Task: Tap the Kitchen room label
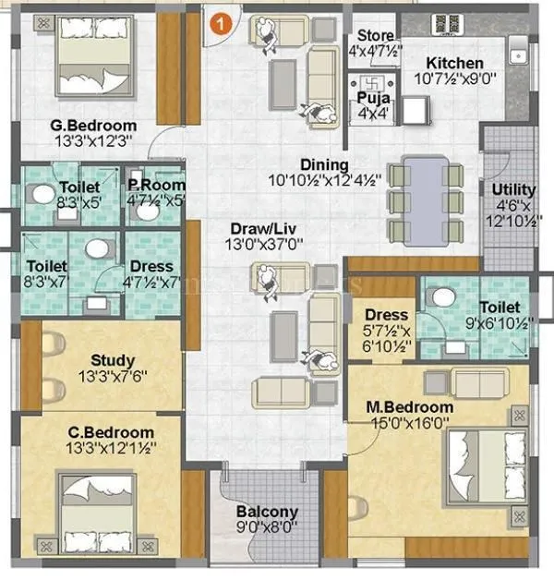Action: click(x=453, y=63)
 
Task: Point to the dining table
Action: click(x=425, y=199)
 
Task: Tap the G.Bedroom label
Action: click(x=94, y=126)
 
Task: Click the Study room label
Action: click(x=114, y=360)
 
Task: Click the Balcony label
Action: click(x=267, y=512)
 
